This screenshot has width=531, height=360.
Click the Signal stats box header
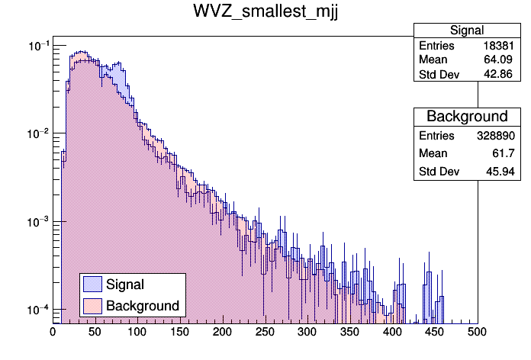[x=467, y=31]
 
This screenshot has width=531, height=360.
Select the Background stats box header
[x=467, y=117]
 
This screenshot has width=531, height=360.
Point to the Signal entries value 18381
[x=504, y=46]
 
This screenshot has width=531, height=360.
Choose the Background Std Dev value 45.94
[x=506, y=172]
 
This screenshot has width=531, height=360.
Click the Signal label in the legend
[x=125, y=284]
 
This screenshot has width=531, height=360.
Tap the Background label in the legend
[x=143, y=306]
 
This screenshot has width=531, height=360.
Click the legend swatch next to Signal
[x=92, y=284]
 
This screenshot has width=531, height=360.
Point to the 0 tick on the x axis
[x=53, y=333]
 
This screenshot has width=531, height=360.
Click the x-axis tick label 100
[x=137, y=333]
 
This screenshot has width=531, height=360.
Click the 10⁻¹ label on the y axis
[x=38, y=47]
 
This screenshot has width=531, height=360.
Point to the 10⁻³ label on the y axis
[x=38, y=222]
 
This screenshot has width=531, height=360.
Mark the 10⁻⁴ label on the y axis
[x=38, y=310]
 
